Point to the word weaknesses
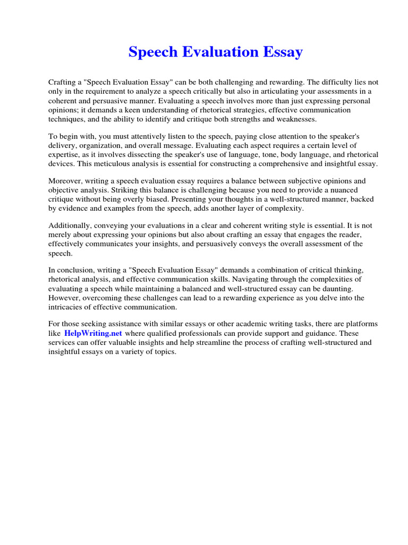[296, 119]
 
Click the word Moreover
[66, 181]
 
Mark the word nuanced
[341, 191]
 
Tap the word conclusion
[75, 271]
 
